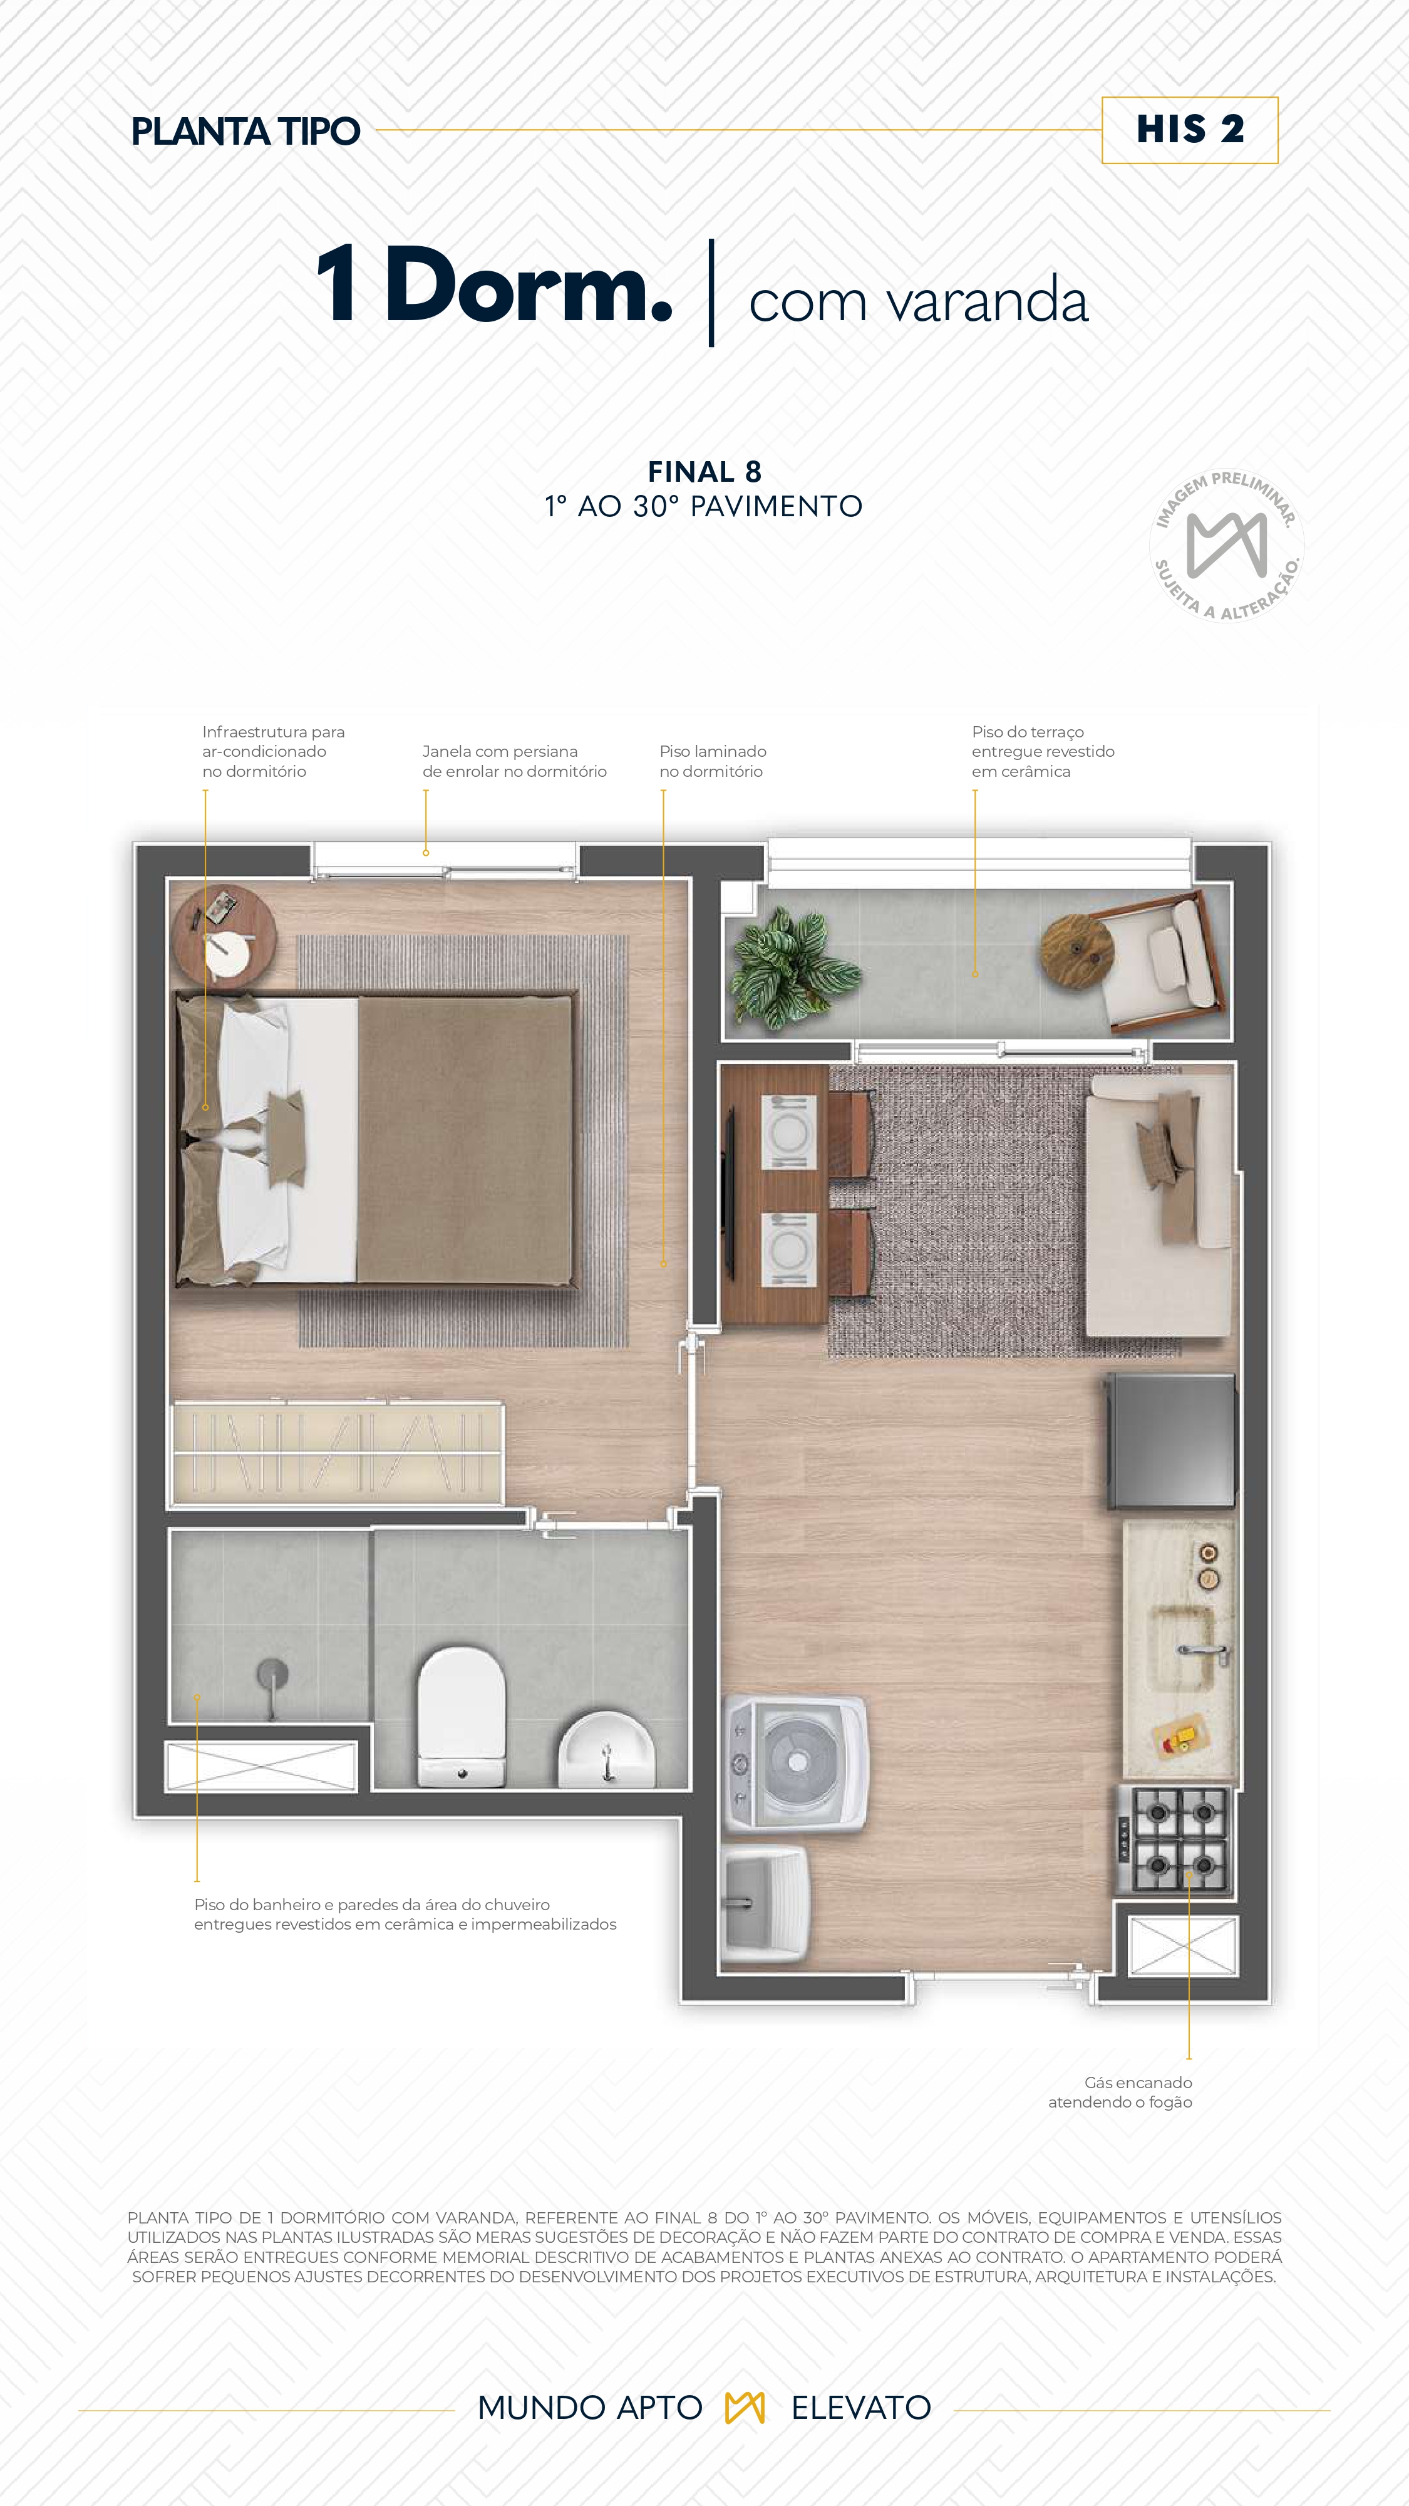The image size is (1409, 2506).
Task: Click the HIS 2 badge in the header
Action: [1189, 130]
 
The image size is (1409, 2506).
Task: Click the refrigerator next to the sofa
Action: [1171, 1440]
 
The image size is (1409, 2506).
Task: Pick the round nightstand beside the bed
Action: [224, 936]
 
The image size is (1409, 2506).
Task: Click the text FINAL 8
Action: [704, 472]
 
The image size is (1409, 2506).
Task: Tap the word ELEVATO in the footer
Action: [860, 2407]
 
